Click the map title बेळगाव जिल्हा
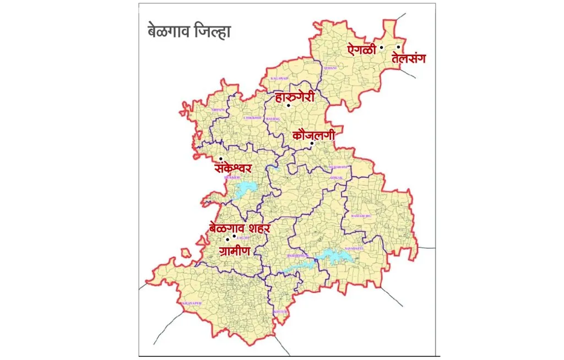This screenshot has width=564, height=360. tap(189, 31)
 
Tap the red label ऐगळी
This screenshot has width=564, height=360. tap(361, 49)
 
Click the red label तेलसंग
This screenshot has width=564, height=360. tap(409, 58)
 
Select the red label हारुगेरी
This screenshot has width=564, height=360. tap(295, 97)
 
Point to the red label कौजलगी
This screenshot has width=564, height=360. tap(313, 134)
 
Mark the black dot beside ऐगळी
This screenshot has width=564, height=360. tap(381, 48)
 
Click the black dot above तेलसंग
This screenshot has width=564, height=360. tap(398, 47)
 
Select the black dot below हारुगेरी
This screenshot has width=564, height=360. tap(288, 105)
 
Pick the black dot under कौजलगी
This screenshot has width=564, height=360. tap(312, 144)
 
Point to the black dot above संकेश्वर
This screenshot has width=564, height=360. tap(221, 159)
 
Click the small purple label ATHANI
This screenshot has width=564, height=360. tap(330, 68)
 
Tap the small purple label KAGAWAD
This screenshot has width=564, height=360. tap(279, 79)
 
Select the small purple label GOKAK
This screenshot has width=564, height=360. tap(336, 178)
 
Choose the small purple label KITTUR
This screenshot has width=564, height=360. tap(280, 312)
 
